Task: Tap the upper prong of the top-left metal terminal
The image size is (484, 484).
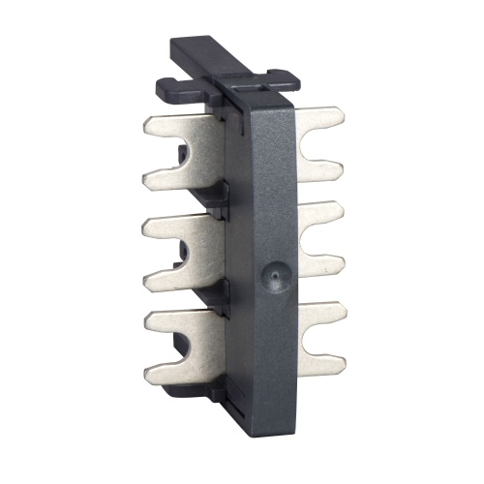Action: [169, 126]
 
